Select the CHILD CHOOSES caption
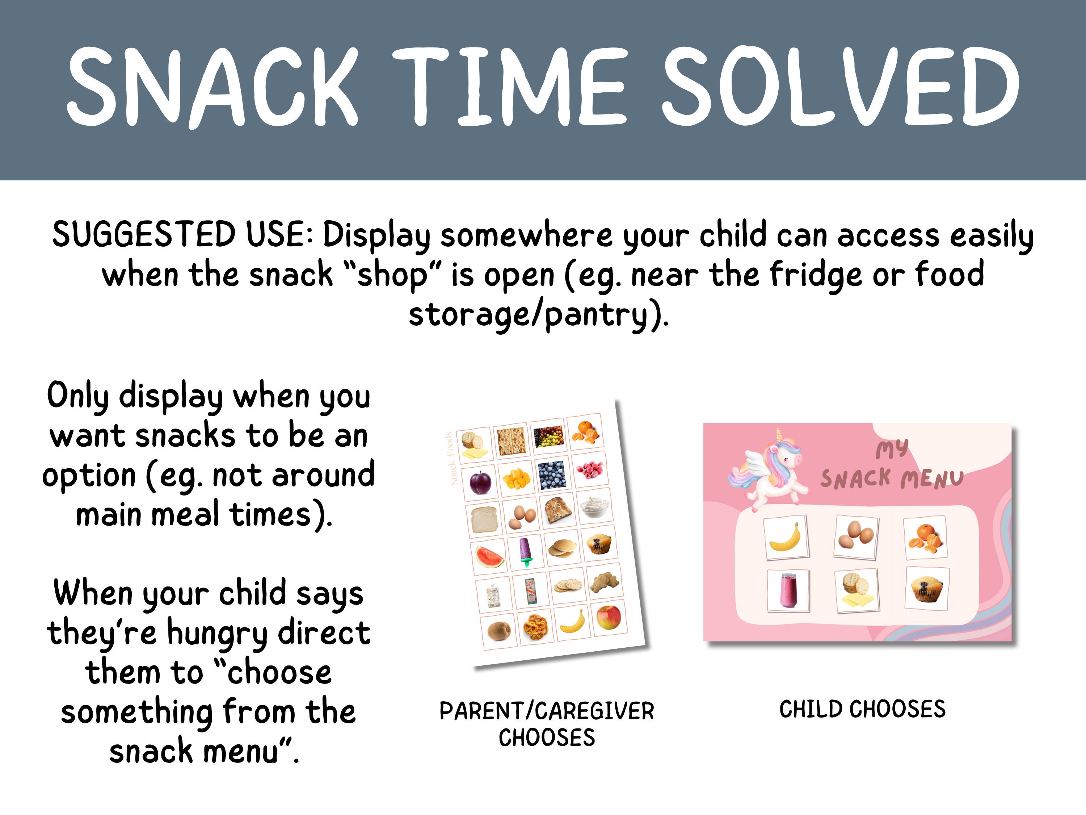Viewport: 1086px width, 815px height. click(862, 709)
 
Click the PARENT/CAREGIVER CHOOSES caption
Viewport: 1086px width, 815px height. click(546, 724)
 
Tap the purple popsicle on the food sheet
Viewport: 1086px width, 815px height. click(525, 550)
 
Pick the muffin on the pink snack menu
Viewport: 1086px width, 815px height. click(926, 589)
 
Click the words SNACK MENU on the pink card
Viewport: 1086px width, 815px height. click(891, 478)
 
